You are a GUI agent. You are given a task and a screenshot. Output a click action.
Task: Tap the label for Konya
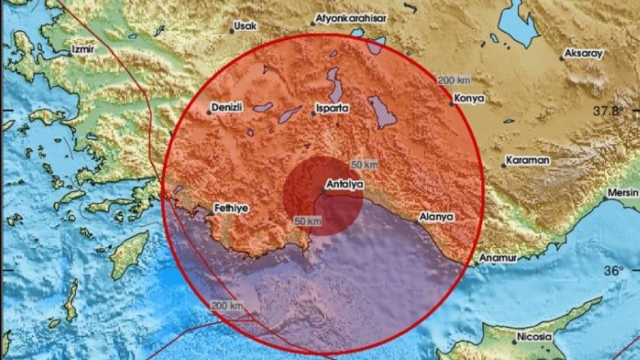[469, 98]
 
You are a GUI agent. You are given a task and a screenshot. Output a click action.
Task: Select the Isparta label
[334, 107]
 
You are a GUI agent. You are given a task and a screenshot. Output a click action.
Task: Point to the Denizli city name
[229, 107]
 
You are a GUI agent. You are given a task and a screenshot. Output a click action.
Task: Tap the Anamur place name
[498, 259]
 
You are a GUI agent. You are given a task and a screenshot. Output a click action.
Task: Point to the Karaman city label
[527, 160]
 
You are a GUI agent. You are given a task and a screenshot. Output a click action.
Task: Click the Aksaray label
[582, 54]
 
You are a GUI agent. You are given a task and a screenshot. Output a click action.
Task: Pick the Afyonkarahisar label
[352, 16]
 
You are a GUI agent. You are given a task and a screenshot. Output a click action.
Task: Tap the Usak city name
[245, 26]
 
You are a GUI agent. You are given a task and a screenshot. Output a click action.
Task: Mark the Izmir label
[84, 49]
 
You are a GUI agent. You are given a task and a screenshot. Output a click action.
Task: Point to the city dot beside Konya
[451, 102]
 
